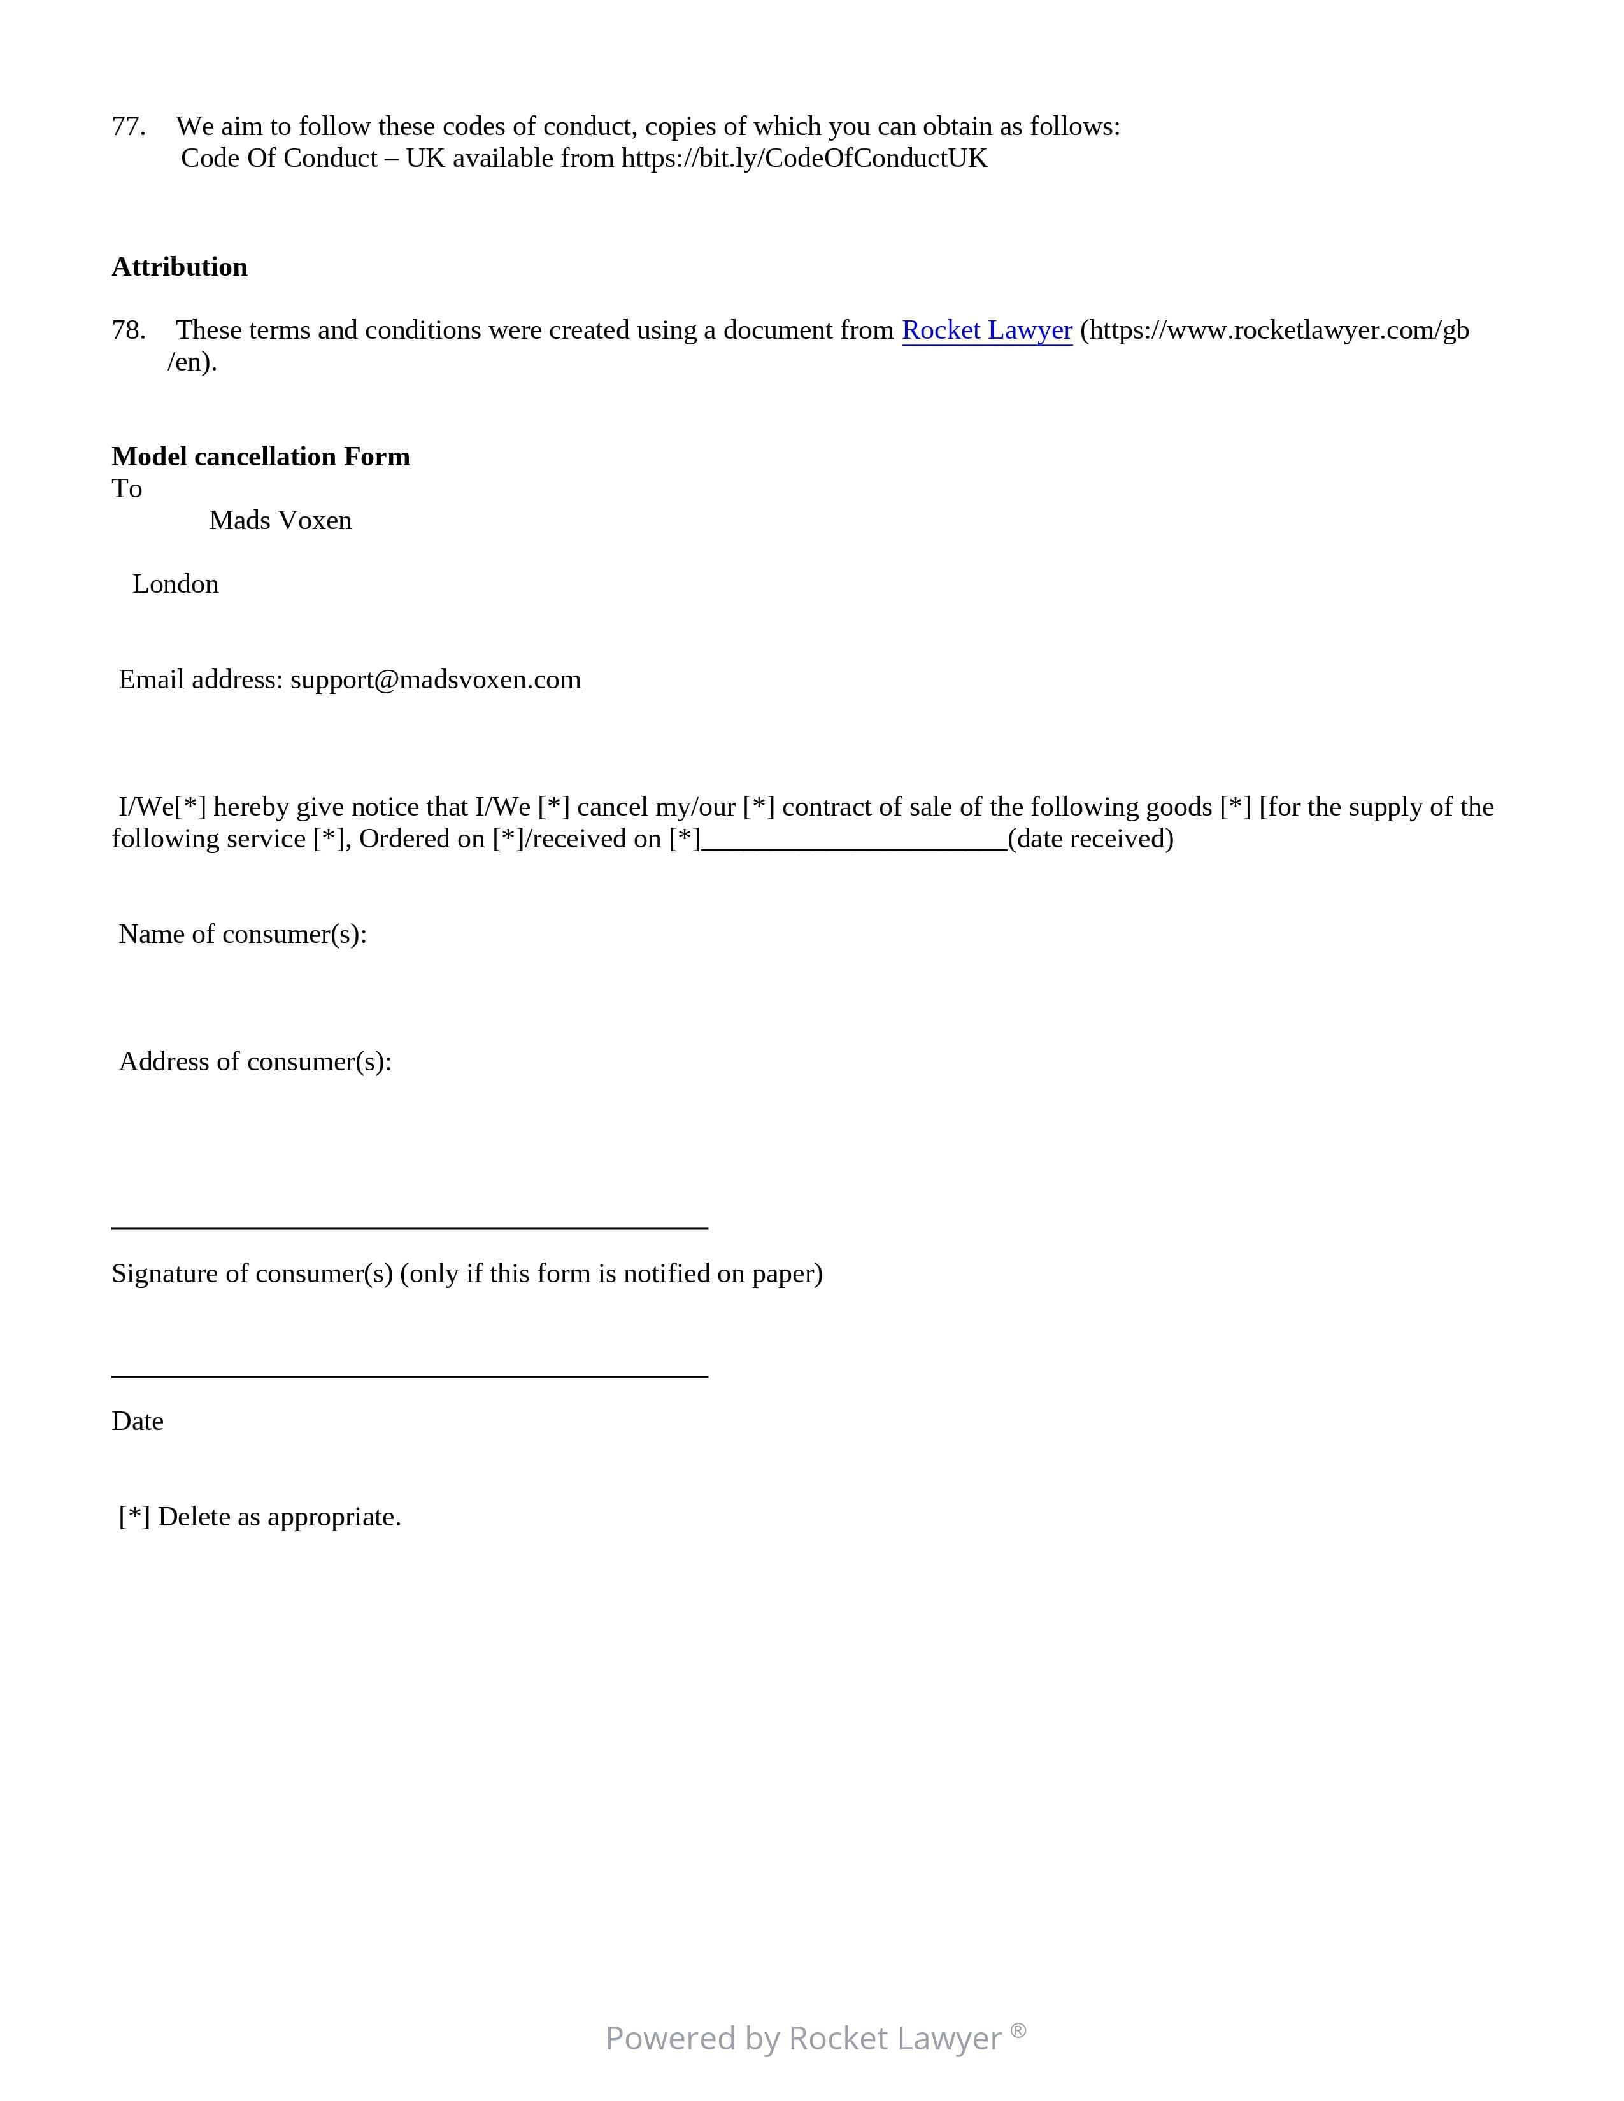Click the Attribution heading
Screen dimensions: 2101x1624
click(x=180, y=267)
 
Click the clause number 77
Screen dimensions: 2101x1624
click(x=128, y=126)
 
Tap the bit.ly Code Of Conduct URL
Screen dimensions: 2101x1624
click(x=804, y=158)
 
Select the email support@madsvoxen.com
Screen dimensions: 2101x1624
click(x=435, y=679)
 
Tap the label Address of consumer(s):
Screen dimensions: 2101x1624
click(x=255, y=1061)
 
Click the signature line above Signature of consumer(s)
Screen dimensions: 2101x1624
click(x=410, y=1227)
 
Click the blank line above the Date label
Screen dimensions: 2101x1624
click(x=410, y=1376)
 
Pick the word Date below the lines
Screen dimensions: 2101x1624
click(x=138, y=1421)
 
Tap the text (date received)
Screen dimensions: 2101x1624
click(x=1090, y=839)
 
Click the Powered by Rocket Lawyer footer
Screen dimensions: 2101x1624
click(x=803, y=2037)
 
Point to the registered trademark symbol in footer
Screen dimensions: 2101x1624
click(x=1018, y=2030)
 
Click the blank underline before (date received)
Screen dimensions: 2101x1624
click(x=853, y=847)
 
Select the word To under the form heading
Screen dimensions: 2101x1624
click(x=127, y=489)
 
